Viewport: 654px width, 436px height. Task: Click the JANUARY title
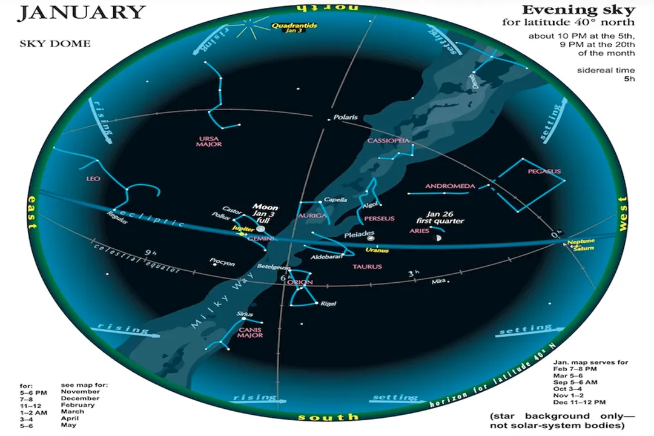point(81,13)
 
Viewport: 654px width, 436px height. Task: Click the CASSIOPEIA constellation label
point(389,140)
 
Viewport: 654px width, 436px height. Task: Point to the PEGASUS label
point(544,171)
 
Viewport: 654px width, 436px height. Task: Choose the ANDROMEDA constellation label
point(450,186)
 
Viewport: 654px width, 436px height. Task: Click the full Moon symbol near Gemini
point(260,228)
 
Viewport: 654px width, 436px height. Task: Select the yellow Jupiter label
point(240,228)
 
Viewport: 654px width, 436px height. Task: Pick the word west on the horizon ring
point(622,216)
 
